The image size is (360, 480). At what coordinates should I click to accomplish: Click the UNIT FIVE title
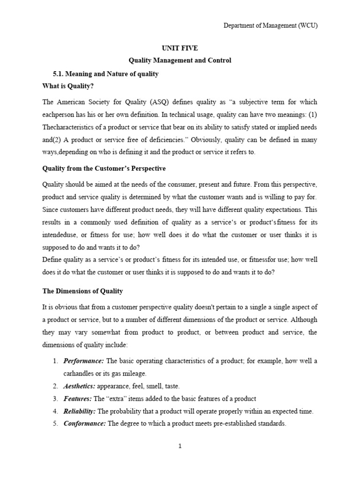pos(180,48)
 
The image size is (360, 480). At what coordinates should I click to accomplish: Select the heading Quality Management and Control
pos(180,60)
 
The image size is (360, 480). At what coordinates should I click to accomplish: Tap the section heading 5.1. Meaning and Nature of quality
pos(106,74)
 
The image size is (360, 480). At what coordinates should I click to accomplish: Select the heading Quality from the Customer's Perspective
pos(104,168)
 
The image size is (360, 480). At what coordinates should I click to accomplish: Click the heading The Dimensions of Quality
pos(82,291)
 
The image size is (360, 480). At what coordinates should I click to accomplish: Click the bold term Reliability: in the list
pos(79,412)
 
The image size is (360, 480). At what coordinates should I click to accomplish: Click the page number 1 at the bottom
pos(180,446)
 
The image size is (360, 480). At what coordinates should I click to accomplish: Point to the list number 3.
pos(54,399)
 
